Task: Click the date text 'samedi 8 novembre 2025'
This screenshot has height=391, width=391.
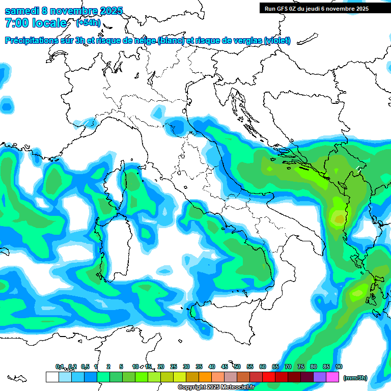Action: [64, 11]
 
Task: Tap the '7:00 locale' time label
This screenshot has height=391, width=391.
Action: [36, 23]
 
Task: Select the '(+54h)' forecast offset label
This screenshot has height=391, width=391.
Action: [88, 22]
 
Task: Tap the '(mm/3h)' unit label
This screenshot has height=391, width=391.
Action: [355, 378]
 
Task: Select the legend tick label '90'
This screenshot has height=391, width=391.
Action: [339, 367]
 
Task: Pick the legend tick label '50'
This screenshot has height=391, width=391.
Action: [237, 367]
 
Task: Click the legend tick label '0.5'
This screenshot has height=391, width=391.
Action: [85, 367]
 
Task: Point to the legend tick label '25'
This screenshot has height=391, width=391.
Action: [174, 367]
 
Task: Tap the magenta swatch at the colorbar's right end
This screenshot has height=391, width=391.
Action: [333, 377]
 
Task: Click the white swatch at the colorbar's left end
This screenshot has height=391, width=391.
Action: [52, 377]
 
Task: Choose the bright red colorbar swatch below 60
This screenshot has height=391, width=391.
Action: [269, 377]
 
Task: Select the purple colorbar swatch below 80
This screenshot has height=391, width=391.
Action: [320, 377]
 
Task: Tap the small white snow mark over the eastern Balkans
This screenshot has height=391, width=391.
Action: [359, 167]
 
